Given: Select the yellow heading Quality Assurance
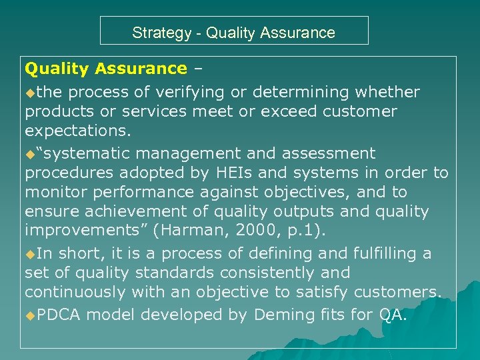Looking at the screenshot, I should click(106, 69).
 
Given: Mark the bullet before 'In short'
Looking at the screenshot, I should click(30, 254).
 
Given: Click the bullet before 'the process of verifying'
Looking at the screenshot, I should click(30, 92).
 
